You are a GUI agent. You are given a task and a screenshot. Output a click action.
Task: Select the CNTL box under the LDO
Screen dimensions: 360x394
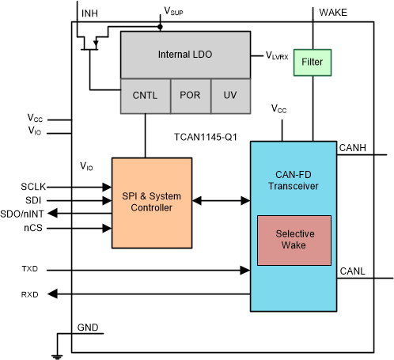click(144, 95)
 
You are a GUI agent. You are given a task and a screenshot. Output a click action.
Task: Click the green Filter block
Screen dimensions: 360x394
click(313, 61)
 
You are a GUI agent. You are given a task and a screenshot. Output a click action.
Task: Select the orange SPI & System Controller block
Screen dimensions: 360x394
click(151, 201)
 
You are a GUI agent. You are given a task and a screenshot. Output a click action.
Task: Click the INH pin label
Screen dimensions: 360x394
click(91, 13)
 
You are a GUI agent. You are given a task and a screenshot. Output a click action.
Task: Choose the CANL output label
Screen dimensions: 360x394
click(353, 271)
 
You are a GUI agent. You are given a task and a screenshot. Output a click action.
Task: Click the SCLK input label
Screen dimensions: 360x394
click(36, 187)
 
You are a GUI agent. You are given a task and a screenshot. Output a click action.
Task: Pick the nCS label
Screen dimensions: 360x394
click(33, 227)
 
